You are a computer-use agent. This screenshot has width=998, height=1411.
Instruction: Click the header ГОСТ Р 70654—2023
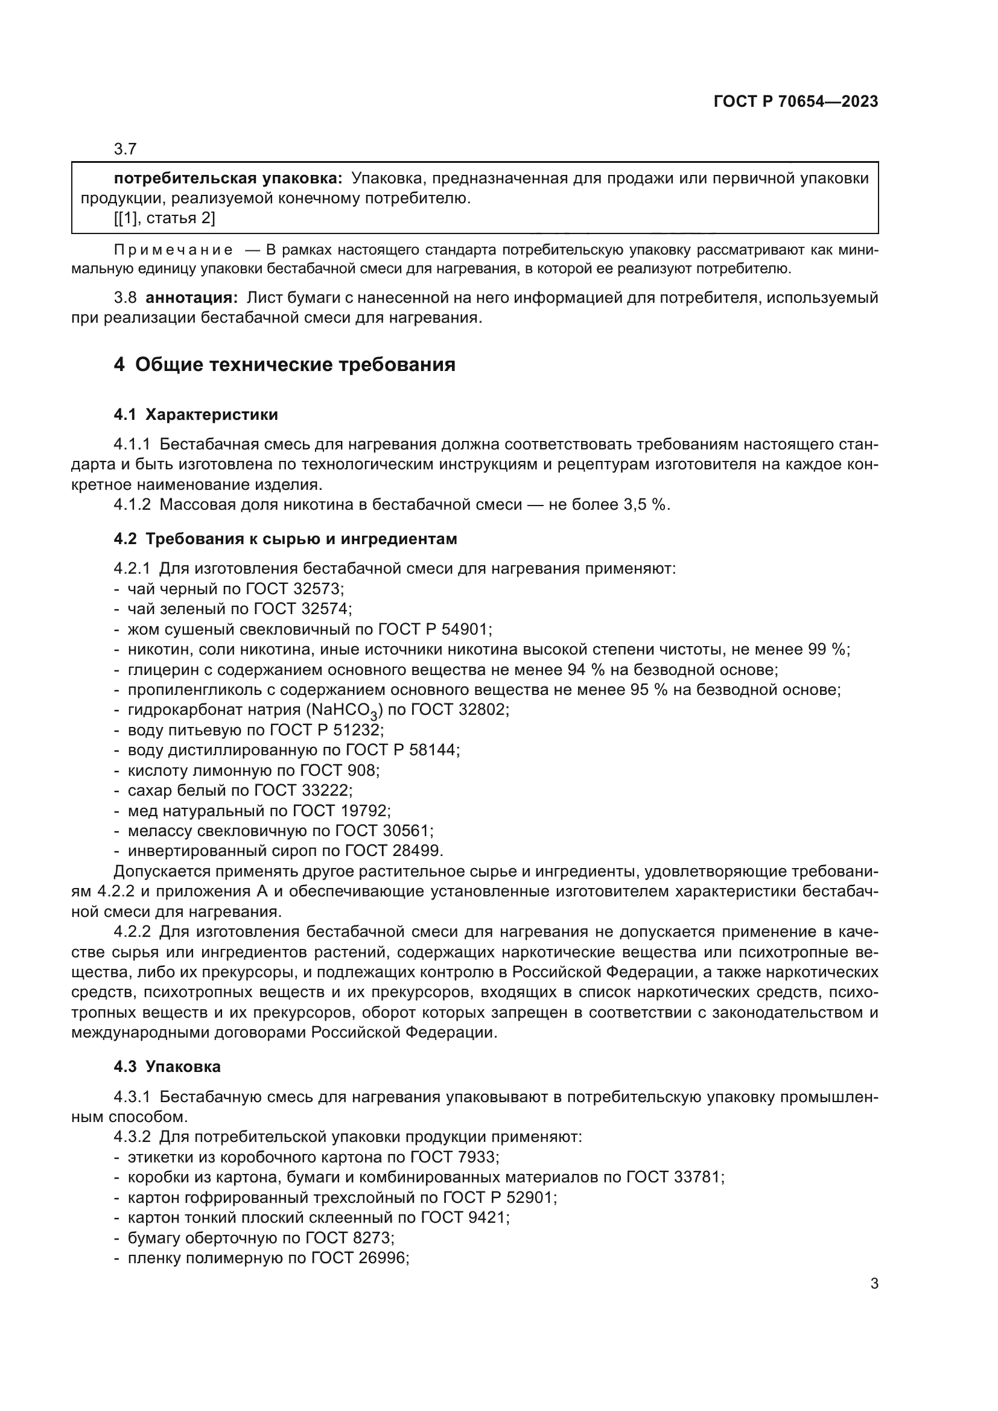[x=795, y=102]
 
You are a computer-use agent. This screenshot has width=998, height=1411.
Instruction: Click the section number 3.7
[x=126, y=150]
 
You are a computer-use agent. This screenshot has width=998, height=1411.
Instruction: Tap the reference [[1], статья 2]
[x=164, y=218]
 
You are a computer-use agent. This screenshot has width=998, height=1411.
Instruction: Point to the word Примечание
[x=173, y=250]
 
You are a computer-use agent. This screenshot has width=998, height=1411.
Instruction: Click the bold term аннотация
[x=191, y=298]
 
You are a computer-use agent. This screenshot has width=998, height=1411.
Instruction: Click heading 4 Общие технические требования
[x=285, y=364]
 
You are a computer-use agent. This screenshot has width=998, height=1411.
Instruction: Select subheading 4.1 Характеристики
[x=195, y=415]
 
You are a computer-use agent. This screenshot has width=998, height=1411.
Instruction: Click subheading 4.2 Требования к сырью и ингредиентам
[x=285, y=539]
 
